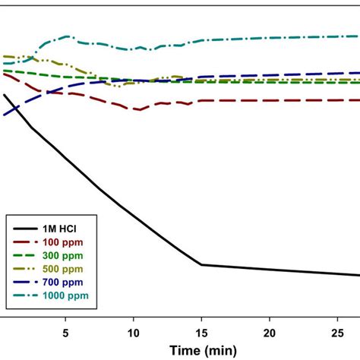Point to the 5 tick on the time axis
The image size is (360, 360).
(65, 333)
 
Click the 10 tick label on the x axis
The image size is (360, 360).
(133, 333)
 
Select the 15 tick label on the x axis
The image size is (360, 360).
(201, 333)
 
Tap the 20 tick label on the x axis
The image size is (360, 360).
(270, 333)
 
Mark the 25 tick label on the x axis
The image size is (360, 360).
(338, 333)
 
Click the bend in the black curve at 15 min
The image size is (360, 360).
(201, 264)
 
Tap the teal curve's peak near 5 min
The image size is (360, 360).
(67, 36)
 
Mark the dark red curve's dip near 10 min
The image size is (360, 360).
(138, 110)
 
